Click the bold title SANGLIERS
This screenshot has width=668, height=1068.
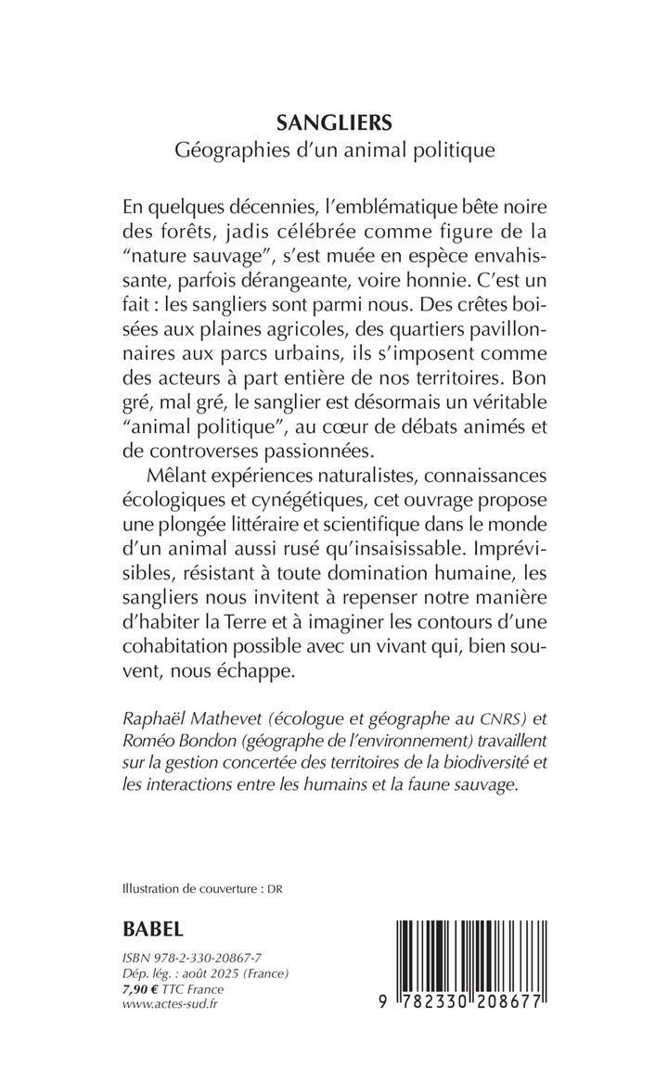(x=333, y=121)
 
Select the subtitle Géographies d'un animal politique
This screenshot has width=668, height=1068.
(x=333, y=151)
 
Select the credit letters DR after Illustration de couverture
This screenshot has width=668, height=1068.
(x=274, y=888)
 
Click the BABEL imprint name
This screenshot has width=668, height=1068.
(x=153, y=929)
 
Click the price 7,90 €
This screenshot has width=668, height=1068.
(x=142, y=991)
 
